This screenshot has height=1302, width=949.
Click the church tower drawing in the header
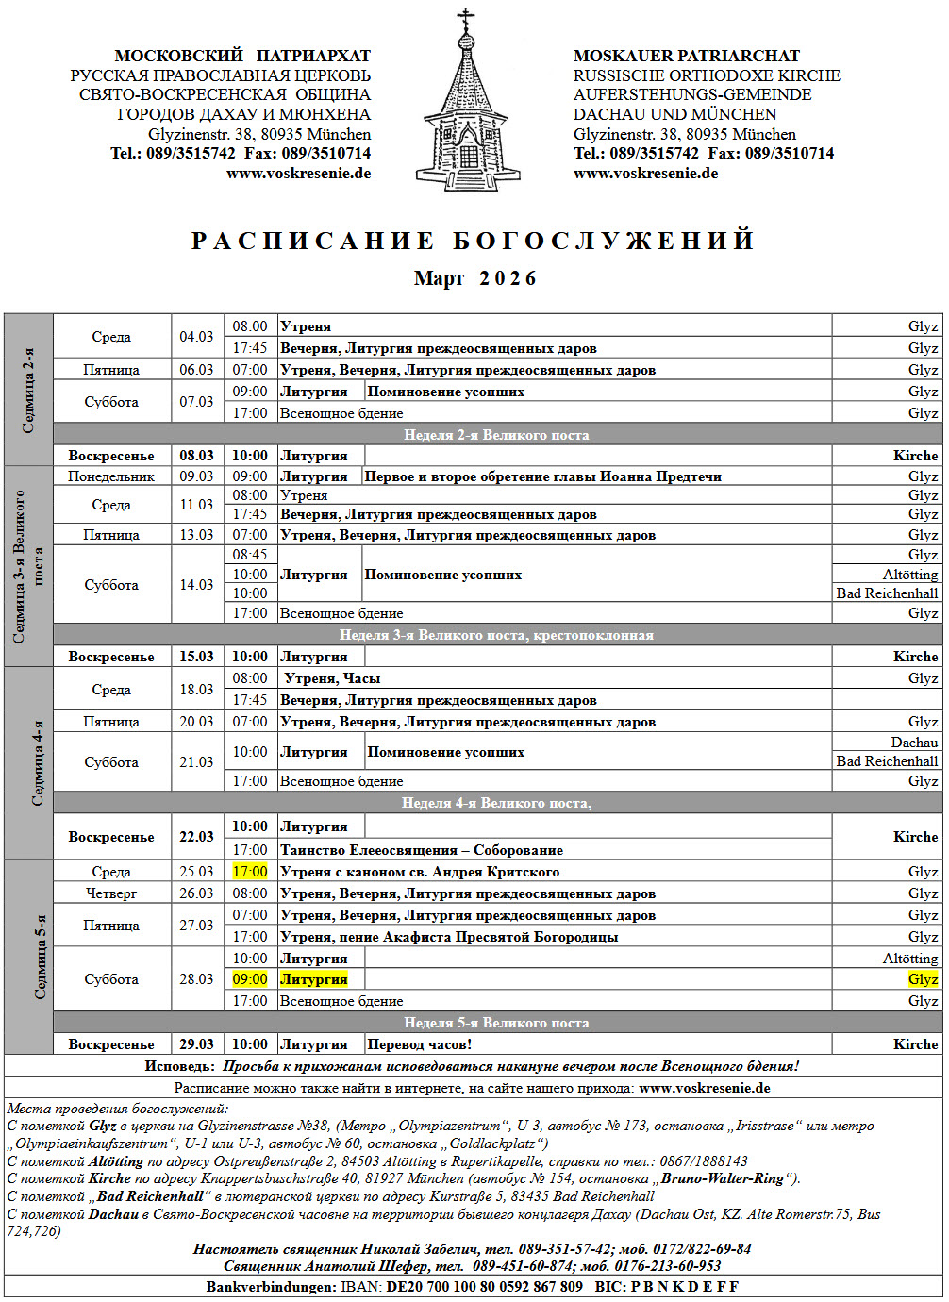click(x=467, y=104)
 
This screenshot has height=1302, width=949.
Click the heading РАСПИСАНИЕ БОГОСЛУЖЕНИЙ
click(x=474, y=241)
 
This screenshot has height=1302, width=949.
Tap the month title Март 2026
click(x=474, y=278)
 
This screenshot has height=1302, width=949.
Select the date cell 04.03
click(x=196, y=337)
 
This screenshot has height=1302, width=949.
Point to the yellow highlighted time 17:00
click(x=250, y=872)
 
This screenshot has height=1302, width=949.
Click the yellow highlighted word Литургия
click(x=314, y=979)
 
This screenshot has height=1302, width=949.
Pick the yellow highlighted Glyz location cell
click(x=923, y=979)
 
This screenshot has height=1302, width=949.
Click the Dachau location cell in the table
click(x=914, y=743)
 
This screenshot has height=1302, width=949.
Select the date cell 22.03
click(x=196, y=837)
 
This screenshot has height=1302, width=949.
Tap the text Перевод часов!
click(x=419, y=1044)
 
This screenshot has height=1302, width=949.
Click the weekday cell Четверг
click(x=111, y=893)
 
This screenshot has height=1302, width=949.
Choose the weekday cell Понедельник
click(x=111, y=476)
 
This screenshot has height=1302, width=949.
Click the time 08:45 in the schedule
click(x=250, y=555)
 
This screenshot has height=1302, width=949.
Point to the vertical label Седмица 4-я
click(x=38, y=763)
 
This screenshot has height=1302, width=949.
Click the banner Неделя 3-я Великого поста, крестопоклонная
click(x=496, y=635)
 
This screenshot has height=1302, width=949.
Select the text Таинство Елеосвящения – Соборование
click(x=422, y=850)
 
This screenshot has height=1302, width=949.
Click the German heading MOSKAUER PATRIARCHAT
click(x=686, y=56)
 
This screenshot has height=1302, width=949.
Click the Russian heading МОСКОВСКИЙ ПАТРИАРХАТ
click(x=242, y=56)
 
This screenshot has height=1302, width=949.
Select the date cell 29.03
click(x=196, y=1044)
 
